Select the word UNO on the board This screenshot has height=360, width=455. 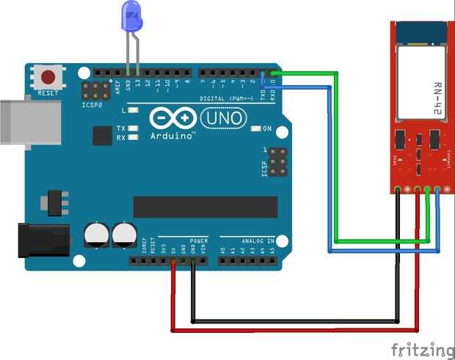tap(217, 117)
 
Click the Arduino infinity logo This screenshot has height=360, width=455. tap(175, 118)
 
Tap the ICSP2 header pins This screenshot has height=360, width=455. tap(94, 91)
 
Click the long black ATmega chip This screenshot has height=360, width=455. tap(205, 207)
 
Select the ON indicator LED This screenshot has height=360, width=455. tap(256, 128)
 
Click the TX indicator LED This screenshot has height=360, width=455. tap(133, 128)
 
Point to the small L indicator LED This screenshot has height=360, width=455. tap(133, 110)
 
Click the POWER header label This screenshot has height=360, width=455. tap(198, 240)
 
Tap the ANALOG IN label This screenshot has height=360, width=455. tap(258, 240)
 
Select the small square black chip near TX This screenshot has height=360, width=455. tap(101, 135)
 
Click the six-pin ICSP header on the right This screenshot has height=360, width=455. tap(278, 162)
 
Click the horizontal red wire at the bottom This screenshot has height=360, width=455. tap(294, 331)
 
